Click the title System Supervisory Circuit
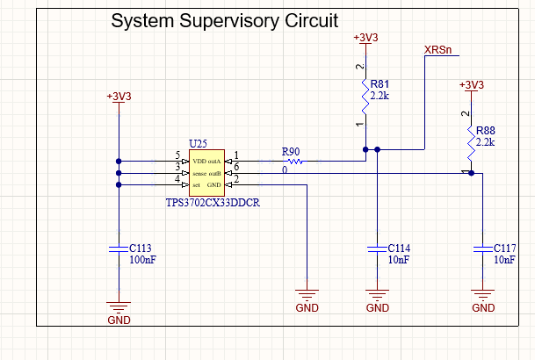click(x=224, y=20)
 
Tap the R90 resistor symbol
click(x=293, y=162)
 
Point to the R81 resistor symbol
click(x=365, y=96)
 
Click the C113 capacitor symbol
click(x=119, y=250)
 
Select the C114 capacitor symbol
click(x=377, y=250)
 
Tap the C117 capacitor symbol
click(x=482, y=250)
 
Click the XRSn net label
click(x=438, y=49)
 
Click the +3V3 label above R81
click(x=365, y=38)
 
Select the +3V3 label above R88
click(x=472, y=84)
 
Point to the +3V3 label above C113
click(x=119, y=96)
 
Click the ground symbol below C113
click(x=119, y=306)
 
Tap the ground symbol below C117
click(x=482, y=295)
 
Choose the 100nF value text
click(x=144, y=261)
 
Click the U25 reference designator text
click(x=198, y=143)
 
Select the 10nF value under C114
click(x=398, y=261)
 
